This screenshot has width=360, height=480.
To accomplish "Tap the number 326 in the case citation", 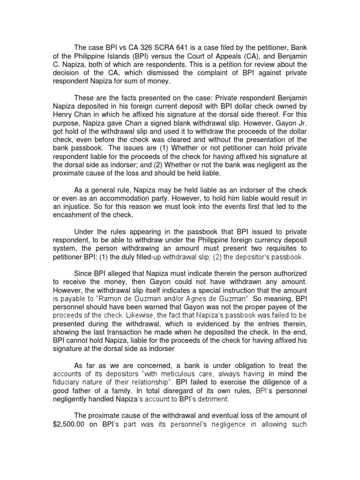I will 145,47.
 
